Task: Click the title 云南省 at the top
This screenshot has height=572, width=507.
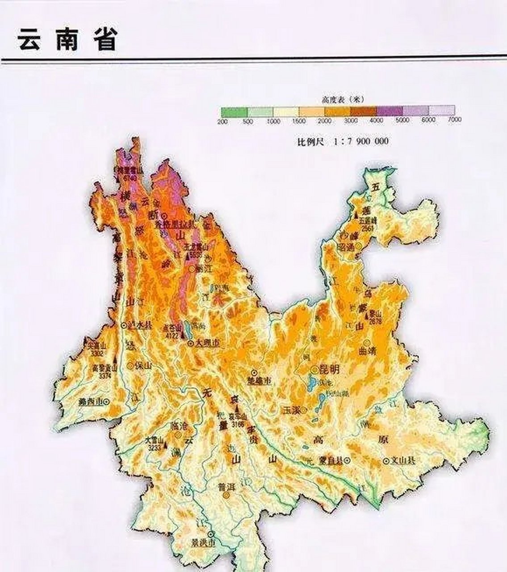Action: coord(67,40)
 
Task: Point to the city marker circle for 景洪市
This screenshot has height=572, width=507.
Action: coord(210,534)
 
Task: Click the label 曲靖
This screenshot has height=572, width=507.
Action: coord(367,351)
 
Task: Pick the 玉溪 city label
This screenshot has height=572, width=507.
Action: coord(291,410)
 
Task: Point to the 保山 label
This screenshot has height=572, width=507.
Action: coord(144,366)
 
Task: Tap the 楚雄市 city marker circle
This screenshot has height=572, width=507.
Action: coord(254,373)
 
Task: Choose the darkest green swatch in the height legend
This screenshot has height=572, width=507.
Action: coord(234,111)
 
